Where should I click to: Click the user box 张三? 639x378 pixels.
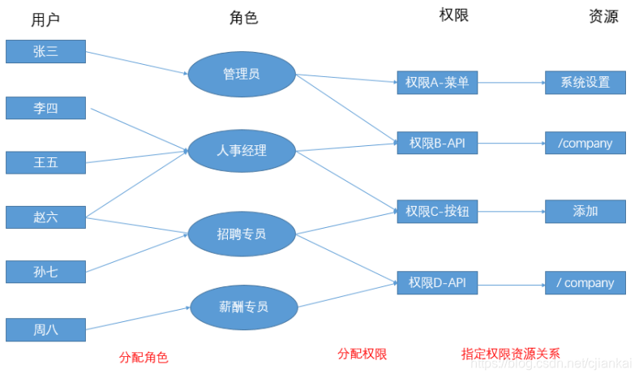[45, 51]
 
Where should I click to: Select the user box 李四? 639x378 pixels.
[45, 108]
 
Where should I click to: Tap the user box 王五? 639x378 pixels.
[45, 162]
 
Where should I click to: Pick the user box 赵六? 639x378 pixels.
[45, 217]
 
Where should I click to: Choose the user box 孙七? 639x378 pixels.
[45, 272]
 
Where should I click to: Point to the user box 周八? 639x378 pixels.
[45, 329]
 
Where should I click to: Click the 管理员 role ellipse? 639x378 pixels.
[241, 75]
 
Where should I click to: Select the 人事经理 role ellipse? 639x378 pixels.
[241, 150]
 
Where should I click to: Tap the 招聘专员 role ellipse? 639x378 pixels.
[241, 234]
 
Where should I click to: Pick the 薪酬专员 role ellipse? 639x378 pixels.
[242, 307]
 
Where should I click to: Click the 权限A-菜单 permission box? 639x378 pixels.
[438, 82]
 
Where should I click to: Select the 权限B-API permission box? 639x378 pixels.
[438, 144]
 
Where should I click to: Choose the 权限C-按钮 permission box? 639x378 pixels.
[438, 212]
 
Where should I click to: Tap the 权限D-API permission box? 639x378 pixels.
[438, 283]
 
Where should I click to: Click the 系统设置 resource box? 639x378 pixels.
[585, 82]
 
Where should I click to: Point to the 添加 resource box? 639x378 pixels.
[585, 212]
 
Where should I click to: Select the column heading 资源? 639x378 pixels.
[603, 16]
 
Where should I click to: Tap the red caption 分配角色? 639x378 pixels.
[144, 356]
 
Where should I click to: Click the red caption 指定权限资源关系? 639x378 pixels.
[511, 354]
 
